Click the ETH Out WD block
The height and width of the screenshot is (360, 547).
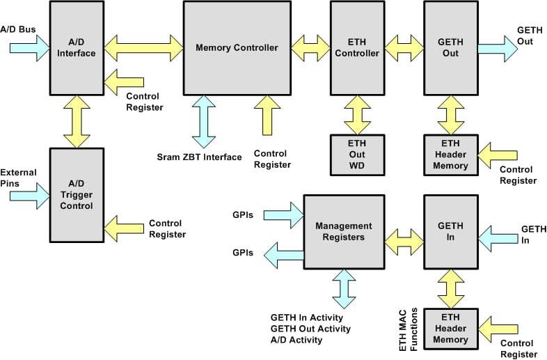point(357,155)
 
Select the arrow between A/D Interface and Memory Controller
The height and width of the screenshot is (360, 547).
point(143,48)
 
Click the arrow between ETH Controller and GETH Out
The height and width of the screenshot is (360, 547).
point(404,48)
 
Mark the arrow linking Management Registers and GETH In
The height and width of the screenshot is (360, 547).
point(404,240)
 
